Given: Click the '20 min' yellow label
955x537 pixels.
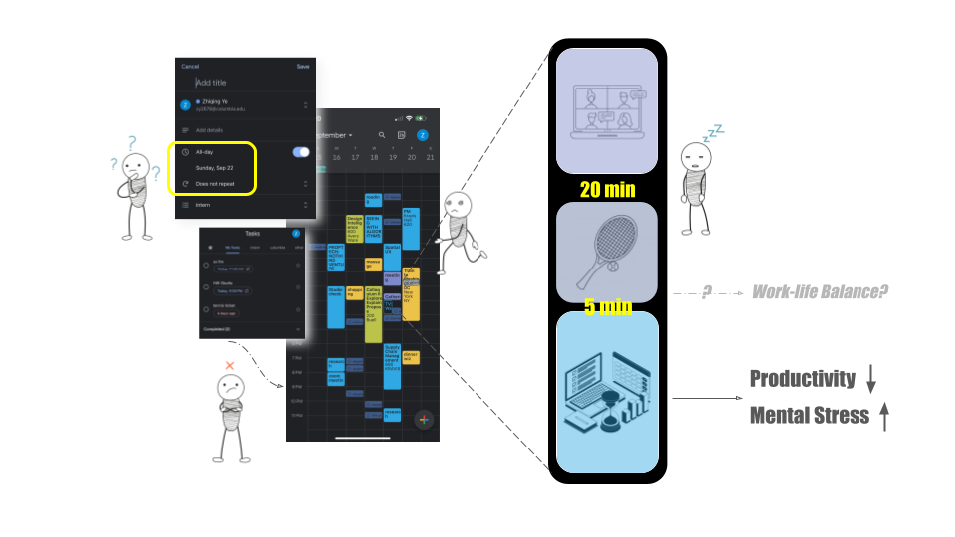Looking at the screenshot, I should (607, 190).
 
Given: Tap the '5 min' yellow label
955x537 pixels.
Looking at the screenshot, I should (607, 306).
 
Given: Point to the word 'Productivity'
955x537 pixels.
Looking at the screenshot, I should (802, 379).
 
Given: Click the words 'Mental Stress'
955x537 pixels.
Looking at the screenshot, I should (809, 415).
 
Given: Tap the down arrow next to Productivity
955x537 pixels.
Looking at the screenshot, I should (871, 379).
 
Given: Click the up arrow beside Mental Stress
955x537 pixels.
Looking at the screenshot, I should (883, 415).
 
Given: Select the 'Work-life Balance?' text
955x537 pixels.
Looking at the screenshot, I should (820, 292).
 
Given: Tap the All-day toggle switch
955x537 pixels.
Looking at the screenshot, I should (301, 152).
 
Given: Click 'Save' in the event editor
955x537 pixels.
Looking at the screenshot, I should (303, 67).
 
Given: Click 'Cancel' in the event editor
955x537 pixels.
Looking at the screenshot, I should (190, 67).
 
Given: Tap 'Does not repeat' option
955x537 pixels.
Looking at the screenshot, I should (215, 184).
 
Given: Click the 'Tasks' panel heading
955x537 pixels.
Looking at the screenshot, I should (252, 234).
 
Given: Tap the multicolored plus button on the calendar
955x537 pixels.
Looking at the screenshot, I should (424, 419).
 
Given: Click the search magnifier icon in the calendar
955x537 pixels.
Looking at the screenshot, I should (382, 135).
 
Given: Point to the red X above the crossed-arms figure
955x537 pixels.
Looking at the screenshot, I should (230, 366).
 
